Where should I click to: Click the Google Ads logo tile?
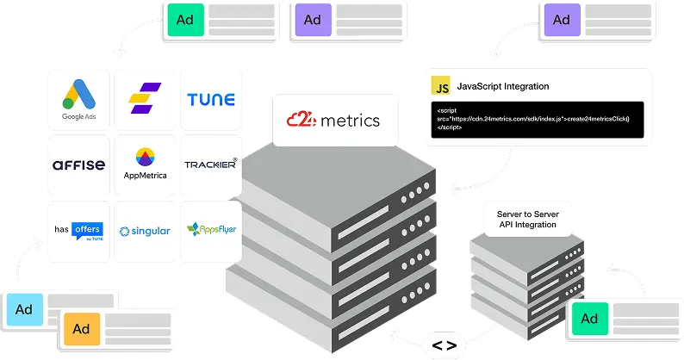(78, 100)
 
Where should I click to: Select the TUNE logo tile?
(211, 100)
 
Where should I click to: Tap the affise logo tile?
(78, 164)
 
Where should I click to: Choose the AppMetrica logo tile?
(145, 164)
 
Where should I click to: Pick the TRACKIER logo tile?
(211, 164)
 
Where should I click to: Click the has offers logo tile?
(78, 230)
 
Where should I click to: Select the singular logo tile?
(145, 230)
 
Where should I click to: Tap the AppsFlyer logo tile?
(211, 230)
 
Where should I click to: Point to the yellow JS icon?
(441, 87)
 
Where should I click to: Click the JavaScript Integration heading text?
(502, 87)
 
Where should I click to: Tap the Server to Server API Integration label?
(526, 219)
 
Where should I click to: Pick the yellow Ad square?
(82, 329)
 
